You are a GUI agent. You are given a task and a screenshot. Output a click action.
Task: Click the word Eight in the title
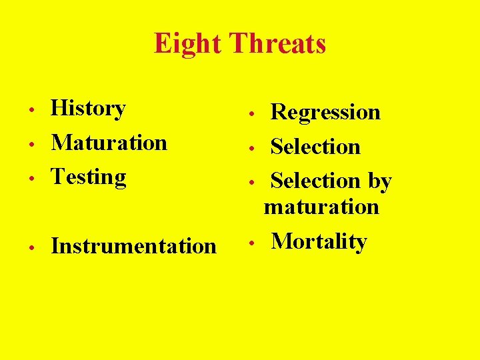pyautogui.click(x=189, y=44)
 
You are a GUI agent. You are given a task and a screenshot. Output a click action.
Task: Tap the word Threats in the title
pyautogui.click(x=277, y=44)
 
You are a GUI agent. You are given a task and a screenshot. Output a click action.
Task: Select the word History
pyautogui.click(x=88, y=108)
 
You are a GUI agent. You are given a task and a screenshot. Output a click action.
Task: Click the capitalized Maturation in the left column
pyautogui.click(x=109, y=142)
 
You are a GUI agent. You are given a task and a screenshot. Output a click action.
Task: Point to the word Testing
pyautogui.click(x=89, y=177)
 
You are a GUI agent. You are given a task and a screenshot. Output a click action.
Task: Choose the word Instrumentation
pyautogui.click(x=133, y=246)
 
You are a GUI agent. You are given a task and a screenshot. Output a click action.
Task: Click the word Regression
pyautogui.click(x=325, y=112)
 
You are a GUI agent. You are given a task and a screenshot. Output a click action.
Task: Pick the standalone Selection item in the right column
pyautogui.click(x=315, y=147)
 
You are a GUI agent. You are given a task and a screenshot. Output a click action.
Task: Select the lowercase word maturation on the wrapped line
pyautogui.click(x=321, y=207)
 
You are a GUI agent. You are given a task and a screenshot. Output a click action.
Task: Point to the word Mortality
pyautogui.click(x=319, y=241)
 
